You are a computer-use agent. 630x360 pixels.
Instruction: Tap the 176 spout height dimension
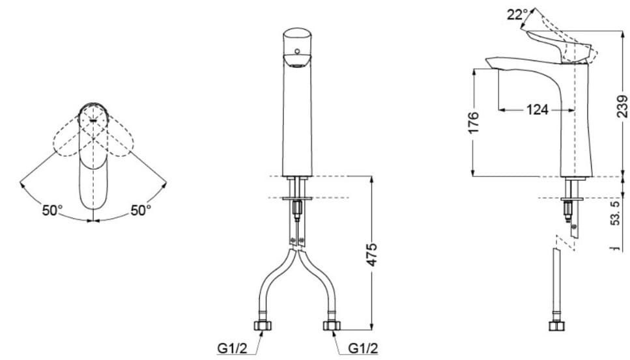474,122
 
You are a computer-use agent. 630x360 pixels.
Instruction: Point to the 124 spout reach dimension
537,110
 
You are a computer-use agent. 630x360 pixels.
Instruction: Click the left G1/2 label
232,349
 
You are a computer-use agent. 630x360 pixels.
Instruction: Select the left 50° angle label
52,210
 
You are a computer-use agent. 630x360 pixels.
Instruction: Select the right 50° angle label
141,210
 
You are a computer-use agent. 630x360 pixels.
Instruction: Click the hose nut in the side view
557,325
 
